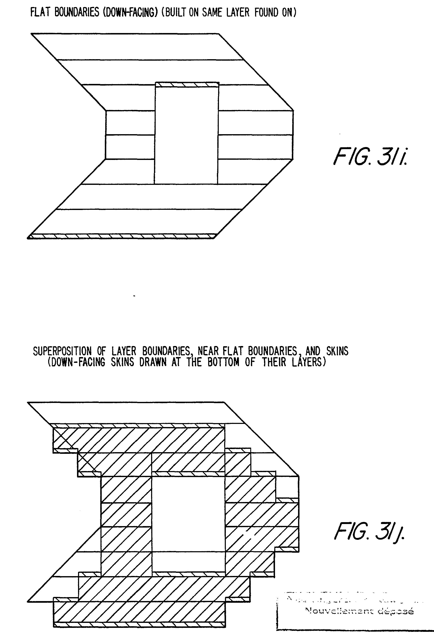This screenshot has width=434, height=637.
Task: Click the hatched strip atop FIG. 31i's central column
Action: click(187, 84)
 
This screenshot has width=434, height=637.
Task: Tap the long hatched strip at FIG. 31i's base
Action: click(122, 236)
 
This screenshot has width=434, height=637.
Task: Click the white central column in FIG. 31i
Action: click(187, 134)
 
